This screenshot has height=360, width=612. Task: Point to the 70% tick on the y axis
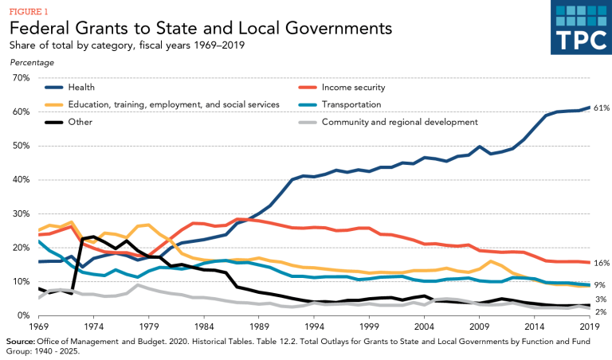point(18,78)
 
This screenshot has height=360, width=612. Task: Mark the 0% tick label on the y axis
point(21,315)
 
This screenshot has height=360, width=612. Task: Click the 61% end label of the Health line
point(602,108)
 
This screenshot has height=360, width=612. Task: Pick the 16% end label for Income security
point(602,263)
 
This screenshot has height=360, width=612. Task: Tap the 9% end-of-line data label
point(599,284)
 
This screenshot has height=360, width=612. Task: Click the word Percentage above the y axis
point(33,61)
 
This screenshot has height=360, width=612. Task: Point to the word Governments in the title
point(328,29)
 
